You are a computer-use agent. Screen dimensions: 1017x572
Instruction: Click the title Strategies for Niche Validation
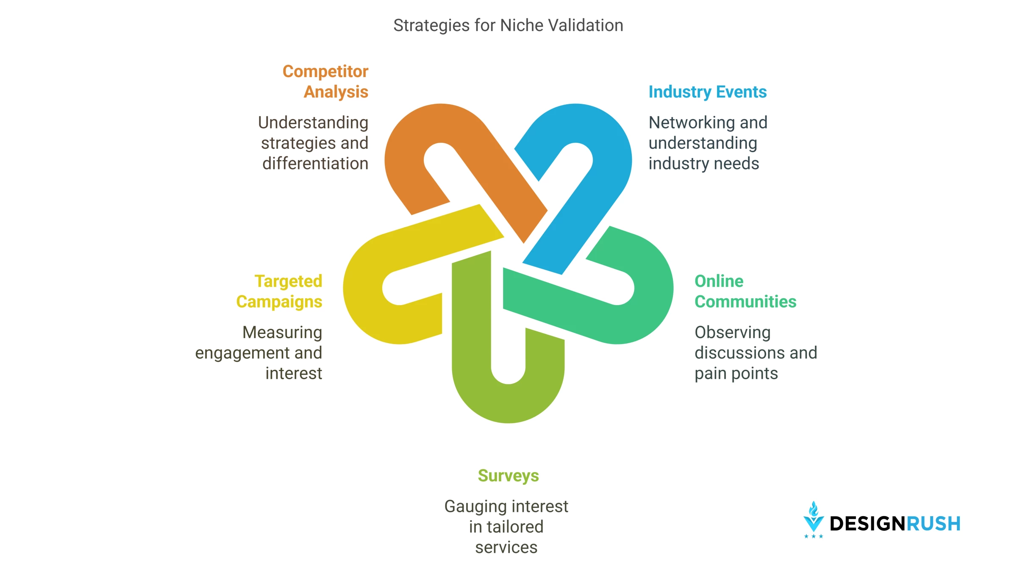[508, 25]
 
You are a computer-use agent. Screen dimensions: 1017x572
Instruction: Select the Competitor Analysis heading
[325, 81]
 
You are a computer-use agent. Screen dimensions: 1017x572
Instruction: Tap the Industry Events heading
[708, 92]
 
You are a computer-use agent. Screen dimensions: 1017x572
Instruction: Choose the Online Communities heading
[745, 292]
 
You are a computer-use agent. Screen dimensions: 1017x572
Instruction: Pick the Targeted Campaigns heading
[279, 292]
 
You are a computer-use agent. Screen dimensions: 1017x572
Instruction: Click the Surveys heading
[508, 476]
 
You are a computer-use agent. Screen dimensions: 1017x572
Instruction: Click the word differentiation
[315, 164]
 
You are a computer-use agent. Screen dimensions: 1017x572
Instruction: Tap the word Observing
[733, 333]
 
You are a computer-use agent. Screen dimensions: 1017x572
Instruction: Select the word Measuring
[282, 333]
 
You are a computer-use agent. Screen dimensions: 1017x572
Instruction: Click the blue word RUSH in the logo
[933, 524]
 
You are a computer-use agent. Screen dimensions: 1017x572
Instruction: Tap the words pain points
[736, 374]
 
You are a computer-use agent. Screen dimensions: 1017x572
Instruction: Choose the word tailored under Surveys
[515, 527]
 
